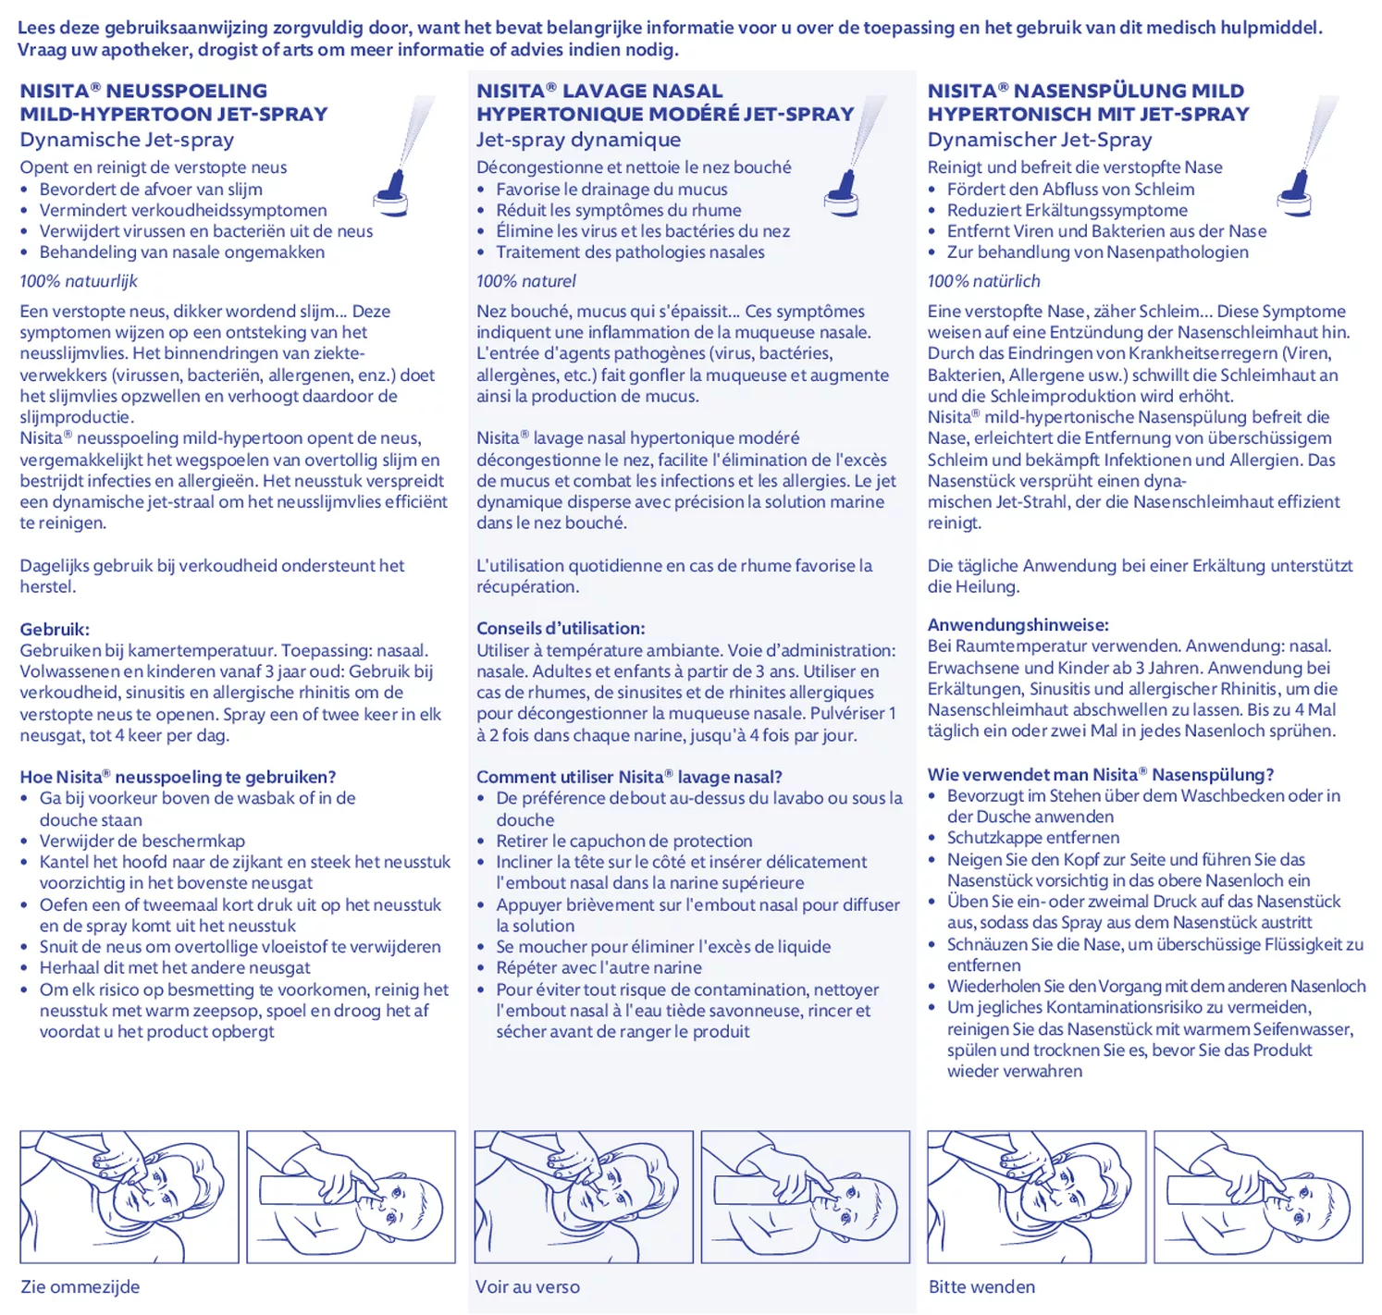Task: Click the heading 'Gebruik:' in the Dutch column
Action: pos(55,630)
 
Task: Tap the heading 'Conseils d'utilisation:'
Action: pos(561,629)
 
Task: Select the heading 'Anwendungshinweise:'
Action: pos(1018,625)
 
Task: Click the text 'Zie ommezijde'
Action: pos(80,1287)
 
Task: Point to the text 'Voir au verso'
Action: pos(527,1287)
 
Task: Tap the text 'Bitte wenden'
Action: pos(981,1287)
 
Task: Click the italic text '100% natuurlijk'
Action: pos(79,281)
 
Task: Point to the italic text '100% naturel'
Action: pos(525,281)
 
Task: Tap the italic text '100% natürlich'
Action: pos(983,281)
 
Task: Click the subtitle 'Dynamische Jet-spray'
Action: pos(127,141)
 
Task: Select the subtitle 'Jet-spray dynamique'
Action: pos(578,141)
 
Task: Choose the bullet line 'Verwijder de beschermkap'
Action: pos(142,842)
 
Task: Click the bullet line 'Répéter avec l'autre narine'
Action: pos(598,968)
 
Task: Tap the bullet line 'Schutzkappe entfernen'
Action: pos(1032,838)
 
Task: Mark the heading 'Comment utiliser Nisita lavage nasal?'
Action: pos(629,778)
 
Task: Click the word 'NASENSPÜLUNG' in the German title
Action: pos(1129,92)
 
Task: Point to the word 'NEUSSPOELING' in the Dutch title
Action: pos(187,92)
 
